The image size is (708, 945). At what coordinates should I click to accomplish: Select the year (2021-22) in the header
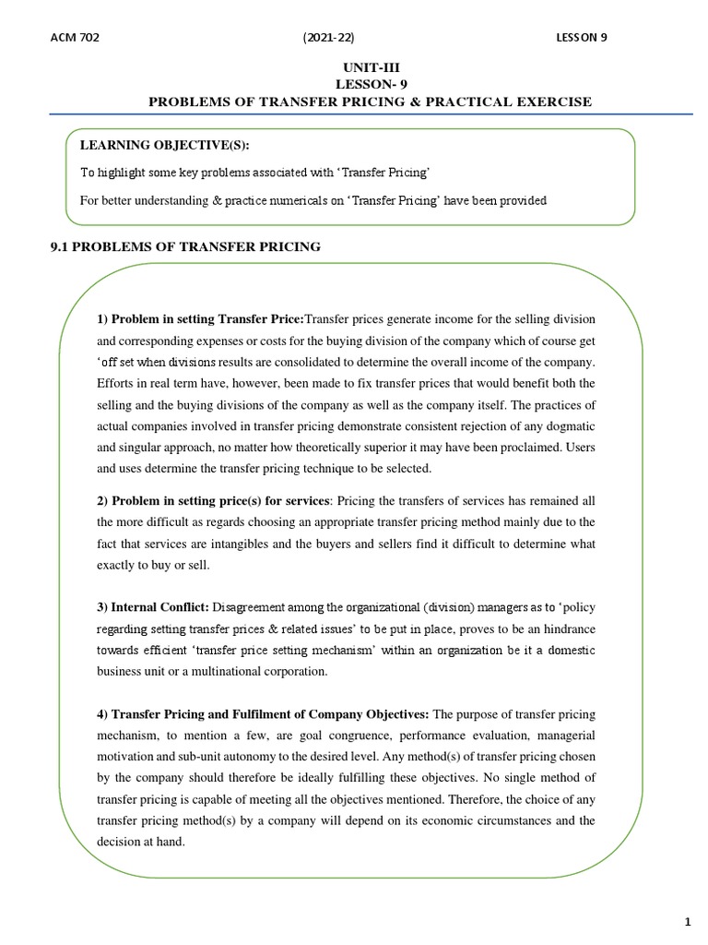coord(328,37)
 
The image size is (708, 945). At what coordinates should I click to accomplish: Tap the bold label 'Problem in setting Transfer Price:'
coord(200,318)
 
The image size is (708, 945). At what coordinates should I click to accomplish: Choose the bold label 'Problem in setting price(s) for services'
coord(213,500)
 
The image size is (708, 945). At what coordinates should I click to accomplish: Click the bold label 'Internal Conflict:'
coord(153,607)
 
